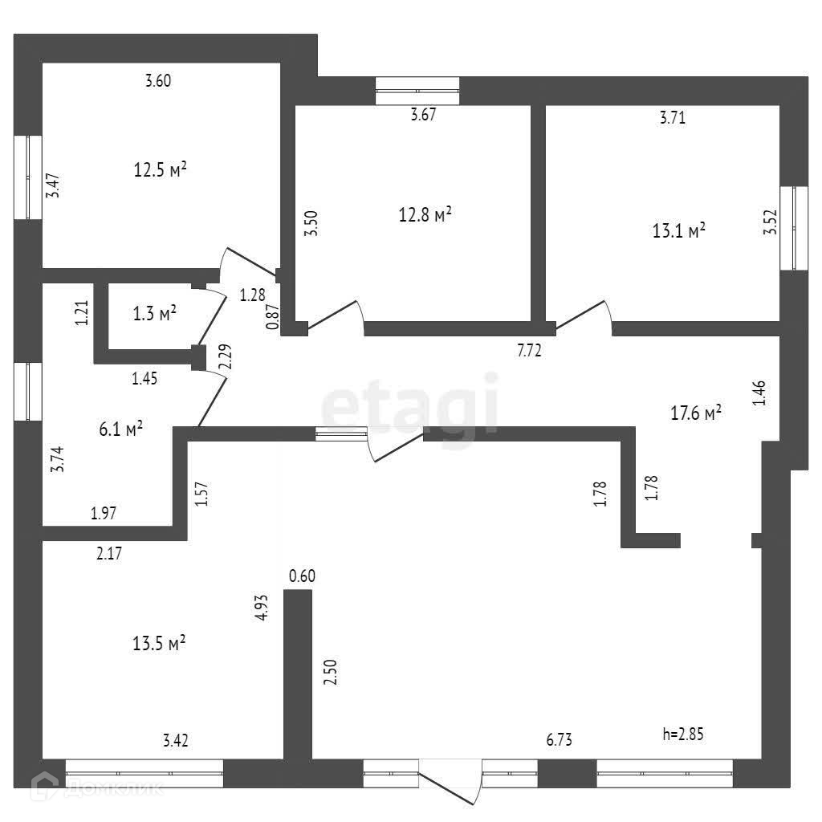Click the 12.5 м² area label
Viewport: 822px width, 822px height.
161,169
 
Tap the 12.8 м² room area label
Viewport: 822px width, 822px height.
425,214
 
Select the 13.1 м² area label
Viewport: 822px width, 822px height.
679,231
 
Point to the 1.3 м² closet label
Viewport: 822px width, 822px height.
155,314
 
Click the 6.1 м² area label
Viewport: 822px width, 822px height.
121,429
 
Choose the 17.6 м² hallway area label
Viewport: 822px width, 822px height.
696,413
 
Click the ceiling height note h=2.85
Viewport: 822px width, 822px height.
684,732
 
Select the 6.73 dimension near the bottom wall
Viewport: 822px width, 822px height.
560,739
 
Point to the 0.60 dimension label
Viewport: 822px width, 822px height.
302,576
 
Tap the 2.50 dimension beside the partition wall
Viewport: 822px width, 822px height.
329,671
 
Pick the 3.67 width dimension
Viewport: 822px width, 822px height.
423,114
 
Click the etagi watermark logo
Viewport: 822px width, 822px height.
410,405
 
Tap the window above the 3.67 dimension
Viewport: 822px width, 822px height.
417,91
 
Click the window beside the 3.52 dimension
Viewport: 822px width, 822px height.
794,229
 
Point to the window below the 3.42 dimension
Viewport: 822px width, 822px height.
144,773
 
